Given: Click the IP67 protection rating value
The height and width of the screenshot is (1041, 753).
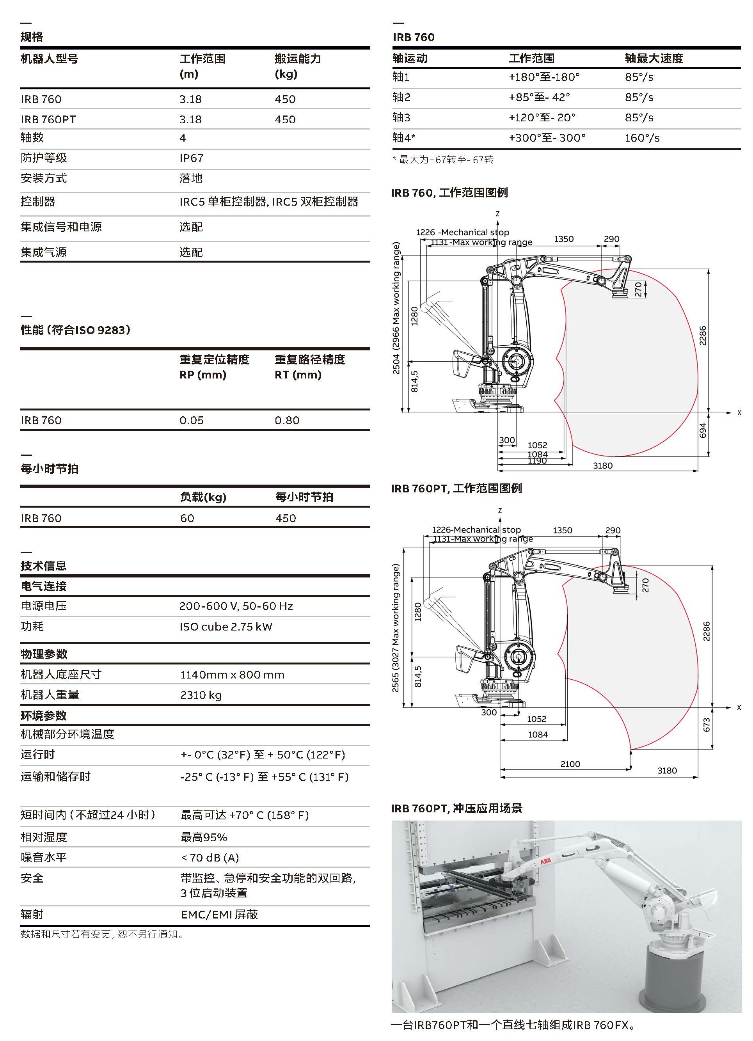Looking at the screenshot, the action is pos(191,158).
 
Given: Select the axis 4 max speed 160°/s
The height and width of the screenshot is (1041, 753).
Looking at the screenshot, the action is pos(642,138).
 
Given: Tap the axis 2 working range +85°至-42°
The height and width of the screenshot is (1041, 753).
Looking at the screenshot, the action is pos(539,97).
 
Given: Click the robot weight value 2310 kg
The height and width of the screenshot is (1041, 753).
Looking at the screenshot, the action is pos(201,695).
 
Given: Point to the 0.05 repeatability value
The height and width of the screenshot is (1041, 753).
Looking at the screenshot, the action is pos(191,421).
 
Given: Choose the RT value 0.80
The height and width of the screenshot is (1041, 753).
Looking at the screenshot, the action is pos(287,421).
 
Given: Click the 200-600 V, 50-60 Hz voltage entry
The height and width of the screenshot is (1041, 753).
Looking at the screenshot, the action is pos(236,606).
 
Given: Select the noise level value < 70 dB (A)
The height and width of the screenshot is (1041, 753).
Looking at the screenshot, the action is pos(210,857).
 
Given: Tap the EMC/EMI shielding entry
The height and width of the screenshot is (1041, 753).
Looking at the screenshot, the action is pos(219,914).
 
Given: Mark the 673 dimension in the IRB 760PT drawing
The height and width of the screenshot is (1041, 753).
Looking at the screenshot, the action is pos(706,725).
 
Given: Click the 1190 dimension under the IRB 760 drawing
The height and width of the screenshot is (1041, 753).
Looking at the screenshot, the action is pos(537,461).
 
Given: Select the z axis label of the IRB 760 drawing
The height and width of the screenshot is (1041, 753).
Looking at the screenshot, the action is pos(497,213).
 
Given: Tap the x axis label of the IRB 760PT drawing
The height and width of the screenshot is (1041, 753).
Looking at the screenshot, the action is pos(739,707).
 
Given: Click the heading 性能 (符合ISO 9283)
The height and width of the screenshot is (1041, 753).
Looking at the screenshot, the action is pos(76,330).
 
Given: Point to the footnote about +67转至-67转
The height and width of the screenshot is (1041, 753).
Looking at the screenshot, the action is pos(443,160).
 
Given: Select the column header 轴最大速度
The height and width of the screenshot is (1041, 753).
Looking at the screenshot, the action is pos(654,58).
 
